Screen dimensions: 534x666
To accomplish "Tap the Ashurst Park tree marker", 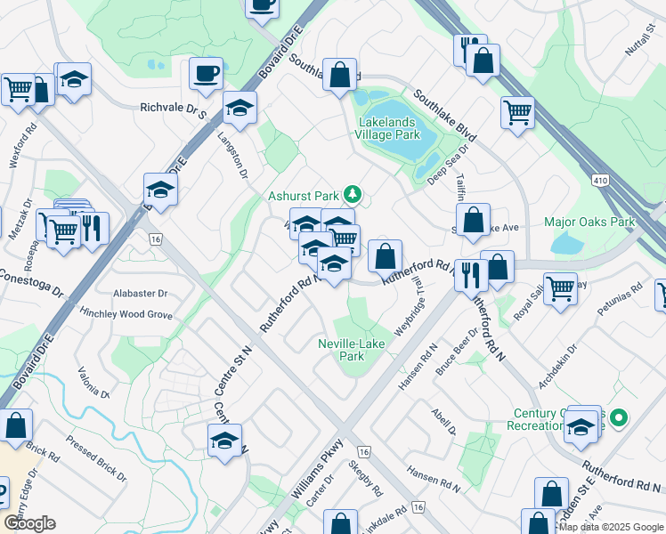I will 353,193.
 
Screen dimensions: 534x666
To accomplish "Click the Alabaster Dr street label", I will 140,293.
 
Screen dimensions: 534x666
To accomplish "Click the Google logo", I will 29,523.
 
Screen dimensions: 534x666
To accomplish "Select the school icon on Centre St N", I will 225,440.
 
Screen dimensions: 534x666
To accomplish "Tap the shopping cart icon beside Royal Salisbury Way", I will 560,287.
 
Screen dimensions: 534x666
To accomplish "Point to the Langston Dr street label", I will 231,153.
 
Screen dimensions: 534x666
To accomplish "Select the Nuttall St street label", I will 639,61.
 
